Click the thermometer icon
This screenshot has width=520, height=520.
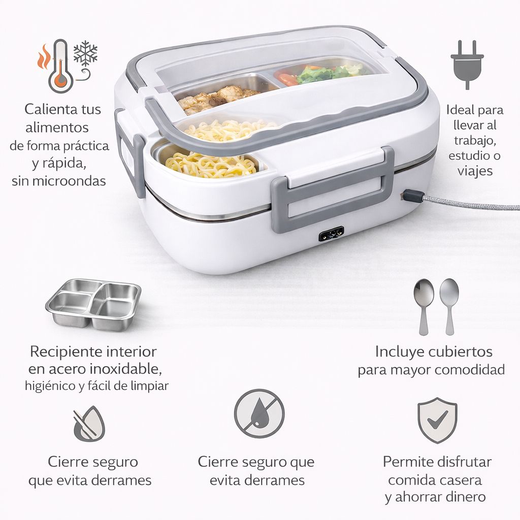coord(60,67)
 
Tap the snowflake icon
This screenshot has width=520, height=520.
coord(85,52)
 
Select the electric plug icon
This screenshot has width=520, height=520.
coord(467,64)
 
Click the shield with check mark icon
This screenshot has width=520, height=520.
coord(437,420)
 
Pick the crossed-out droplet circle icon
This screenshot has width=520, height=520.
coord(259,414)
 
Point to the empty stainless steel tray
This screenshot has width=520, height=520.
coord(93,305)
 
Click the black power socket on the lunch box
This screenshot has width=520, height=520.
coord(331,234)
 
